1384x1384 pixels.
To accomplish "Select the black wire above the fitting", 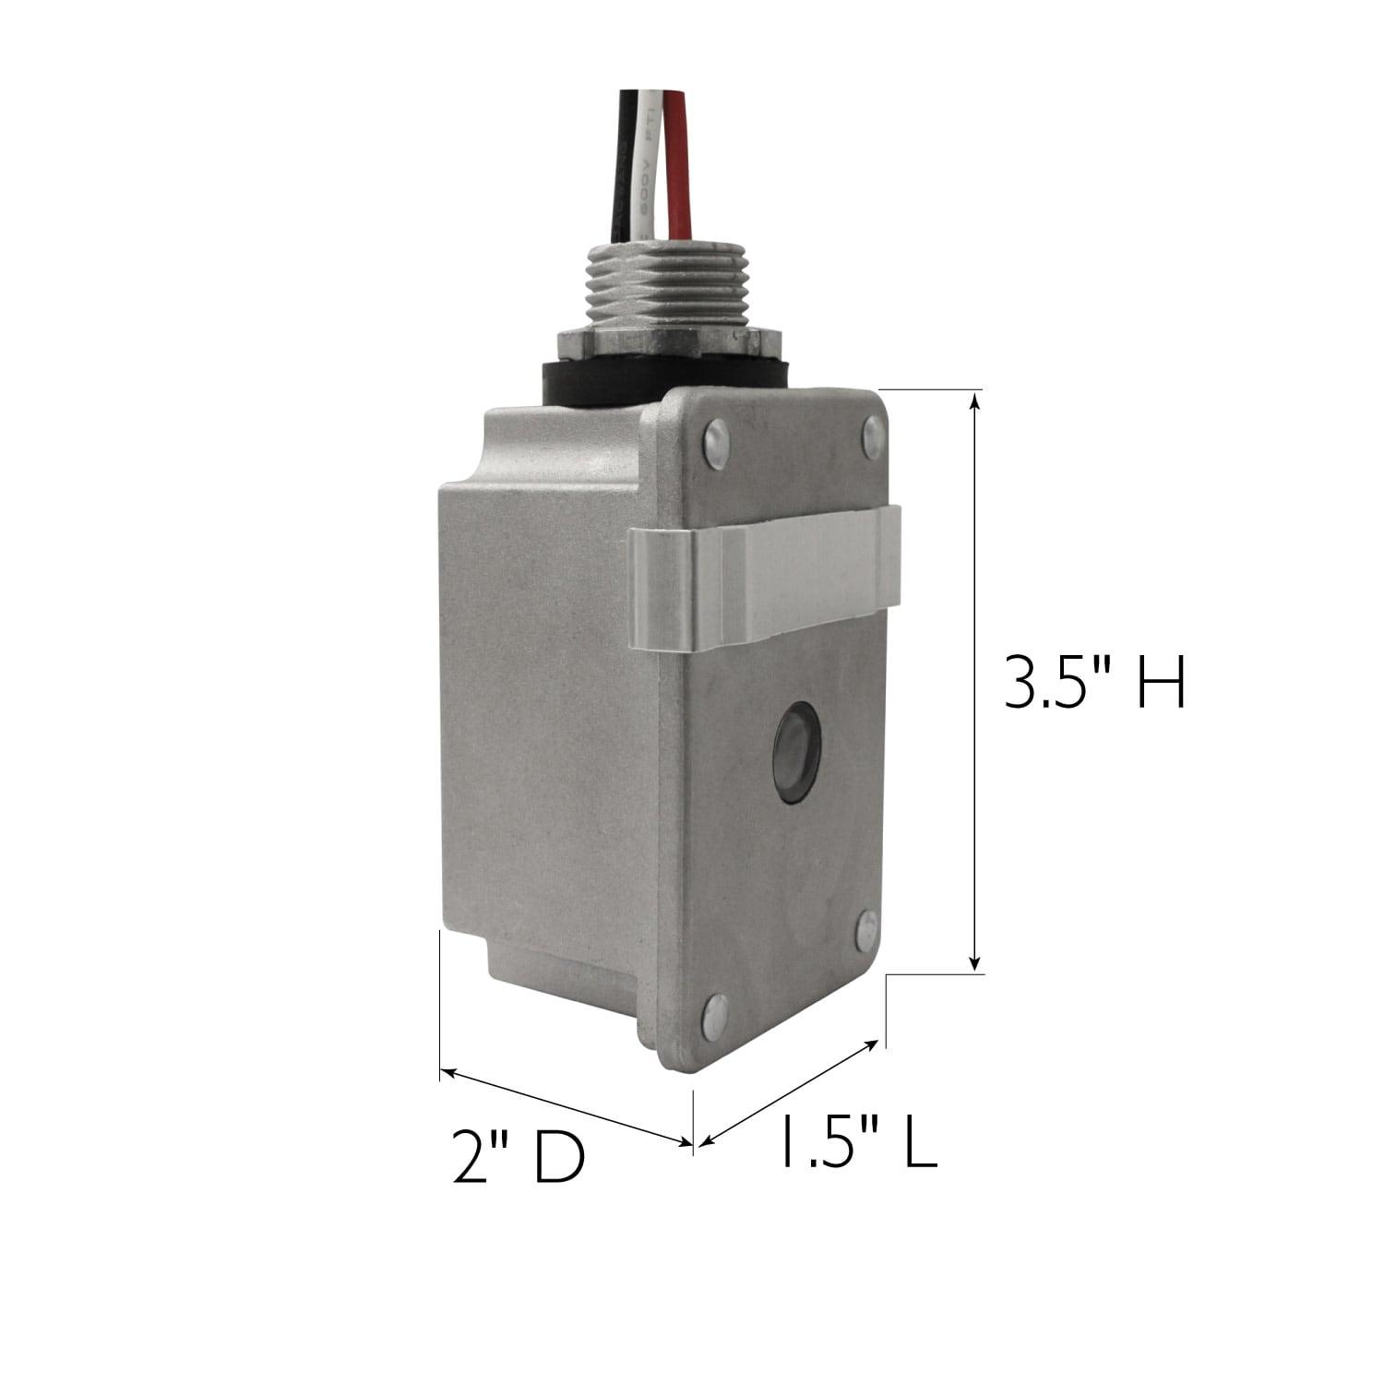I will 627,175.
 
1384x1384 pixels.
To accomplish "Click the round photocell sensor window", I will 795,750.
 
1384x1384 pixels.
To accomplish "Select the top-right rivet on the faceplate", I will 871,436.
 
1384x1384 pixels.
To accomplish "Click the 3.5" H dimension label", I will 1094,684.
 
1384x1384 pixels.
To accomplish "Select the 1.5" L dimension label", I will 859,1140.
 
